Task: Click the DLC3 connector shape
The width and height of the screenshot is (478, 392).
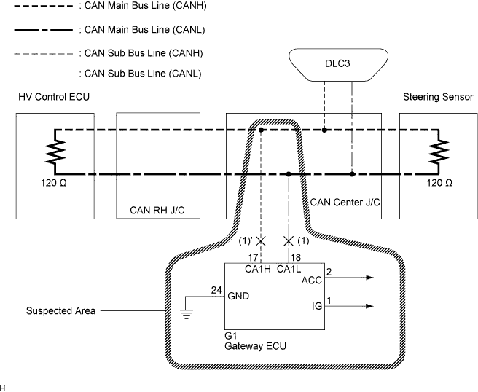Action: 338,65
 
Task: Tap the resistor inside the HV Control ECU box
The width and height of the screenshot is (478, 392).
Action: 55,152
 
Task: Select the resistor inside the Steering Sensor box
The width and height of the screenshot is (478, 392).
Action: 439,152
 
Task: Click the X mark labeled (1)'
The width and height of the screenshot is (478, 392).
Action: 261,241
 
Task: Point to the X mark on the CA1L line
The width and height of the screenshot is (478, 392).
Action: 289,241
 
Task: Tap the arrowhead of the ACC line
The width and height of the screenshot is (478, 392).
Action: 369,278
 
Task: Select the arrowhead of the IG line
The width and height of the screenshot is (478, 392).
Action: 369,306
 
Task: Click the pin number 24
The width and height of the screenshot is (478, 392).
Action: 216,290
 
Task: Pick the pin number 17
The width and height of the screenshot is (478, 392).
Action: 253,258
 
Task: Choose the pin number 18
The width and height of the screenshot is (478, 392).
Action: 296,258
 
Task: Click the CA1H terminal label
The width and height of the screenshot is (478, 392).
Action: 258,269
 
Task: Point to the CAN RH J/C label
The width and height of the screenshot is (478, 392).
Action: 157,211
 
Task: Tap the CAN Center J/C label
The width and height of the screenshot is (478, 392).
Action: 345,203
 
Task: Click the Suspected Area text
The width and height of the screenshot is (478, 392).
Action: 60,311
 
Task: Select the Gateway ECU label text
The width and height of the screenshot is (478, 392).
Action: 256,346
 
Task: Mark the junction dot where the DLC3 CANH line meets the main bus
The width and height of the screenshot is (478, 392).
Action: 324,130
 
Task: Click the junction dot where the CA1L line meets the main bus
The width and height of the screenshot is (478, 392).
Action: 289,174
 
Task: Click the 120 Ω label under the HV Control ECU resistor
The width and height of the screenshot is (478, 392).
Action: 54,183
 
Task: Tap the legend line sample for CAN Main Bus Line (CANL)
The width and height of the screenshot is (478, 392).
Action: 43,30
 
